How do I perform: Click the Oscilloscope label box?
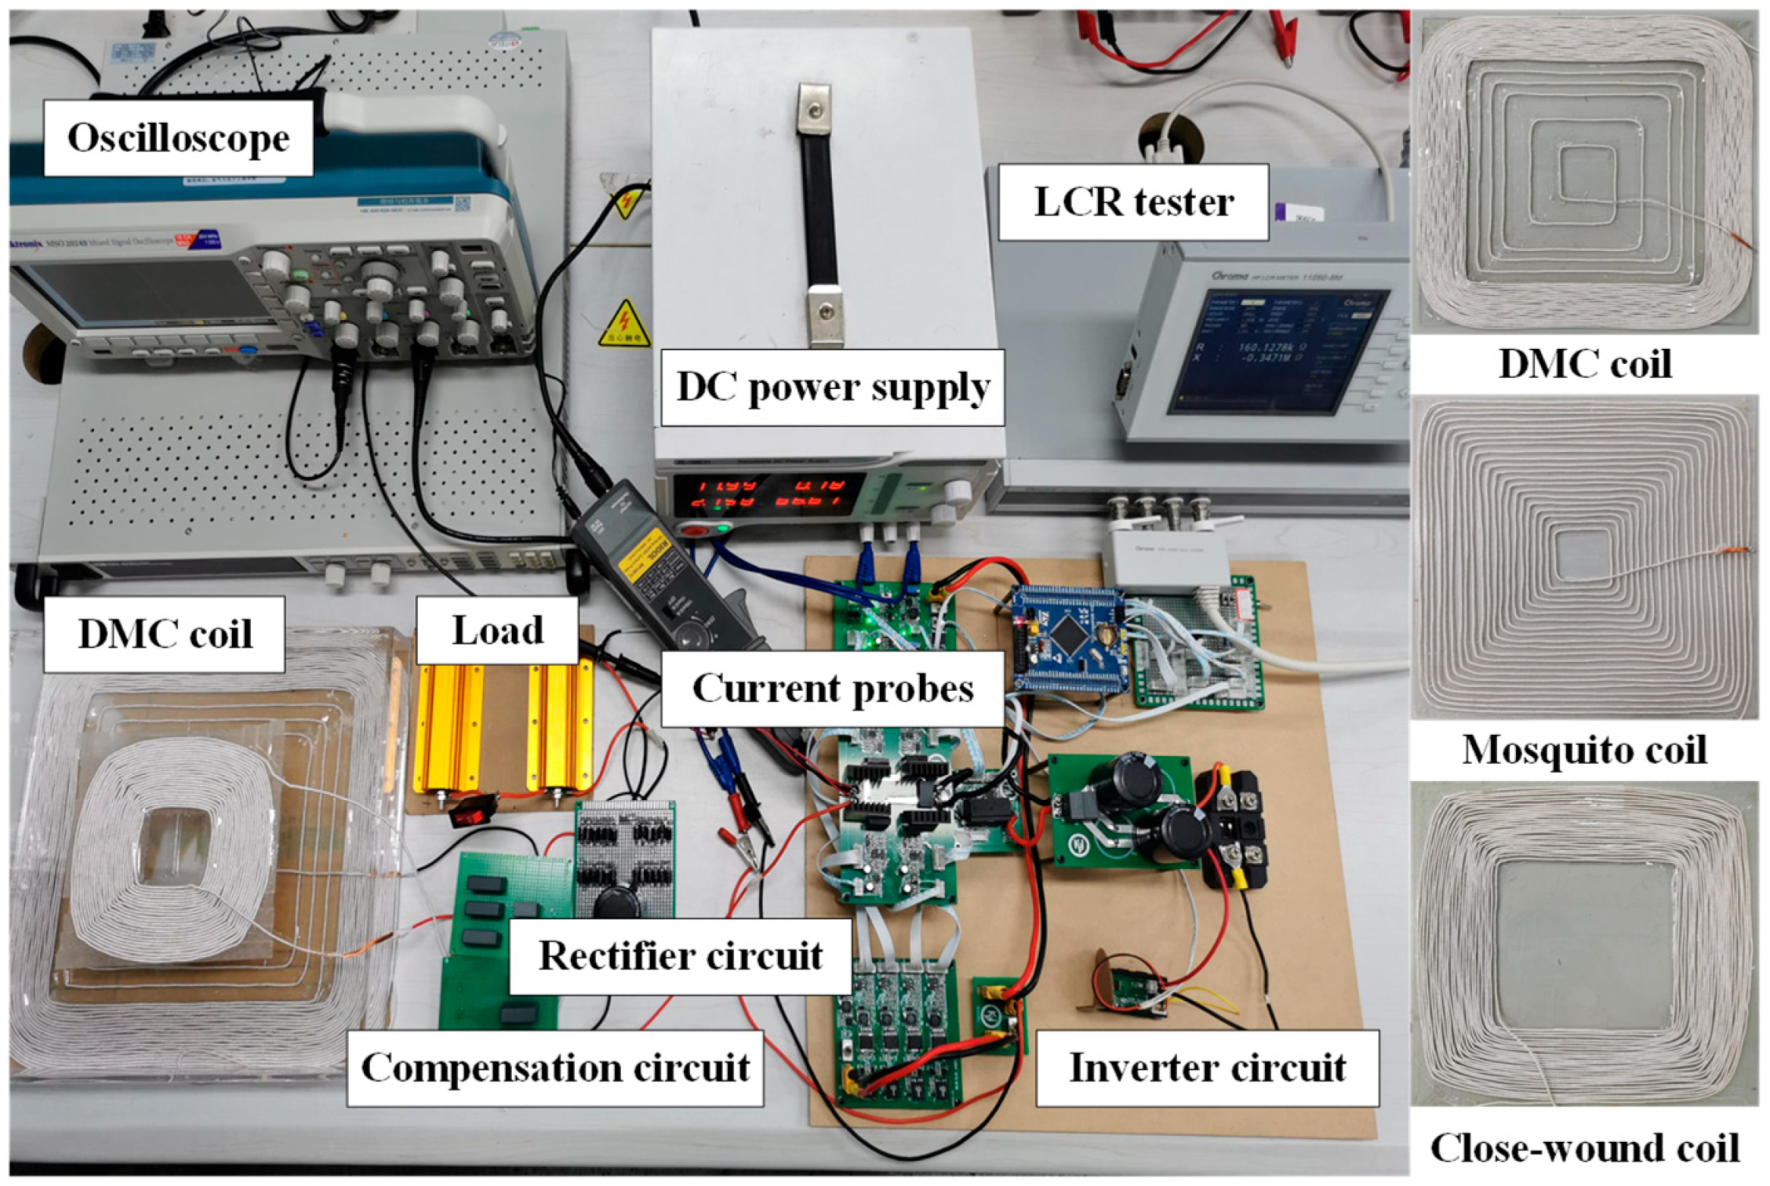tap(178, 138)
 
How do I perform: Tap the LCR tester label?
tap(1132, 202)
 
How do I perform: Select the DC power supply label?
tap(832, 387)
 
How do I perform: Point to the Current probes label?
tap(832, 689)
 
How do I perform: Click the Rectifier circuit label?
tap(680, 956)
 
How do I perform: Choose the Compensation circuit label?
tap(554, 1068)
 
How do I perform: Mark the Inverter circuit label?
tap(1207, 1068)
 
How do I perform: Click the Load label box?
tap(497, 631)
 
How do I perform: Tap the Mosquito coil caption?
tap(1583, 750)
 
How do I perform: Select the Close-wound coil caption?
tap(1583, 1148)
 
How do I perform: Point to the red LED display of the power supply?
tap(769, 494)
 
